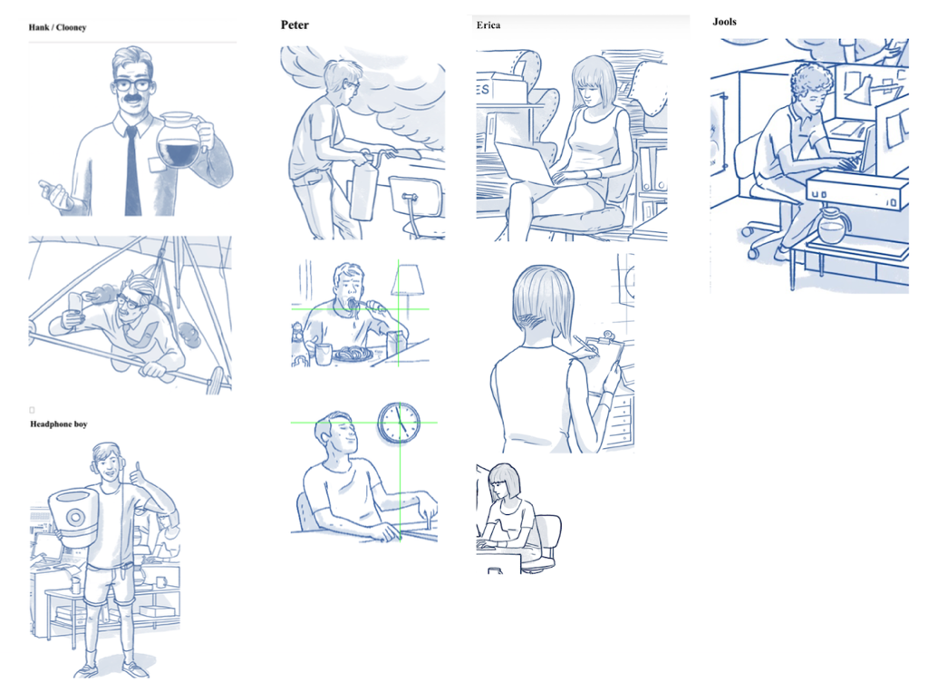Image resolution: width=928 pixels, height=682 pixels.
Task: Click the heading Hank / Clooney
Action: click(57, 27)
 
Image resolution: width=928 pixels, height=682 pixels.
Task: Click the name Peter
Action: click(295, 24)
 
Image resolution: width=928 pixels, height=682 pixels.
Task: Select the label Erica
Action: click(488, 24)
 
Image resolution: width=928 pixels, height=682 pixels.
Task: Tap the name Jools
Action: click(724, 22)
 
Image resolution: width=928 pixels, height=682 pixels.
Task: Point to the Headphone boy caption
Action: click(59, 424)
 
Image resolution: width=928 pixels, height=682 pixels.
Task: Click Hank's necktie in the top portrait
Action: click(132, 170)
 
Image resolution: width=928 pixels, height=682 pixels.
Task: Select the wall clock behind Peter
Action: click(399, 423)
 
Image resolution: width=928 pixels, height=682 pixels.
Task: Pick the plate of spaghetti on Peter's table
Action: click(353, 356)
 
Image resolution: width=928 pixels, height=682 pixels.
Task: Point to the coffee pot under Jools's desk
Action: click(833, 226)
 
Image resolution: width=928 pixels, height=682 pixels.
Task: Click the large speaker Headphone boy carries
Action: click(72, 515)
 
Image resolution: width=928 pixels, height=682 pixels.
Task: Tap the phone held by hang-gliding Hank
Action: click(75, 303)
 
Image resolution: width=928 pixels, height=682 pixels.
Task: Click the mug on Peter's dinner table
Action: click(324, 354)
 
